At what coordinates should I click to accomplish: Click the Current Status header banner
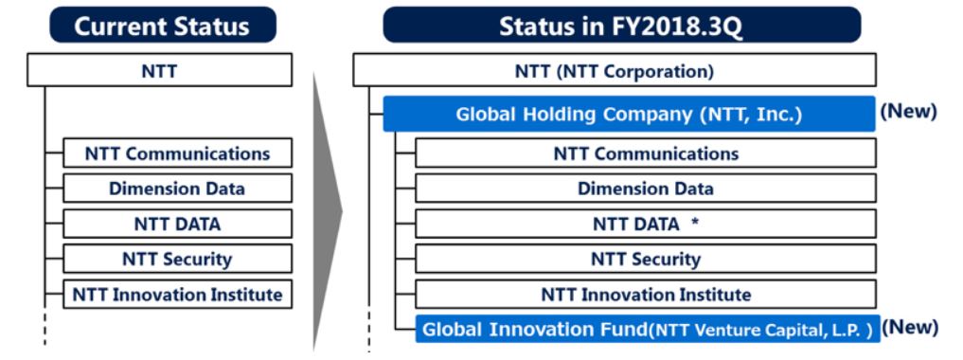click(163, 26)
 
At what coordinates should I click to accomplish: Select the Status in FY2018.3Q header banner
click(621, 26)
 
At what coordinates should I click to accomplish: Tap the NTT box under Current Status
click(160, 70)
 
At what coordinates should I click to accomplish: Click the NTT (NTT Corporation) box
click(615, 70)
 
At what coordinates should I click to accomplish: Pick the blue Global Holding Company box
click(629, 115)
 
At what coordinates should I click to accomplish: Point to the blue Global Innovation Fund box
click(648, 330)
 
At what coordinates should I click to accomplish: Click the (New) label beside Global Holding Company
click(908, 111)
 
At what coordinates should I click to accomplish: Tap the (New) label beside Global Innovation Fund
click(910, 327)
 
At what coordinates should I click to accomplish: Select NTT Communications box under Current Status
click(177, 153)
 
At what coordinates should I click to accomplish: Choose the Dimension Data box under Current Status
click(177, 188)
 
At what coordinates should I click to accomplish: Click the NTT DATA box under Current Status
click(177, 224)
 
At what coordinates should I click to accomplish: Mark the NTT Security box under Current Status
click(177, 259)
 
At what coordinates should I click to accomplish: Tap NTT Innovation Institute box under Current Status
click(177, 295)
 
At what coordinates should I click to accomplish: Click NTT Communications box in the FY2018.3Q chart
click(646, 153)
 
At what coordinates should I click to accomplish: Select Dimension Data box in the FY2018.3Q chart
click(646, 188)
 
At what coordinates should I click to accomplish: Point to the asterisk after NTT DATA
click(695, 223)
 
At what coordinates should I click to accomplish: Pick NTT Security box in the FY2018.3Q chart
click(646, 259)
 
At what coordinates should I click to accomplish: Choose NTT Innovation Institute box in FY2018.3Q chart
click(646, 295)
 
